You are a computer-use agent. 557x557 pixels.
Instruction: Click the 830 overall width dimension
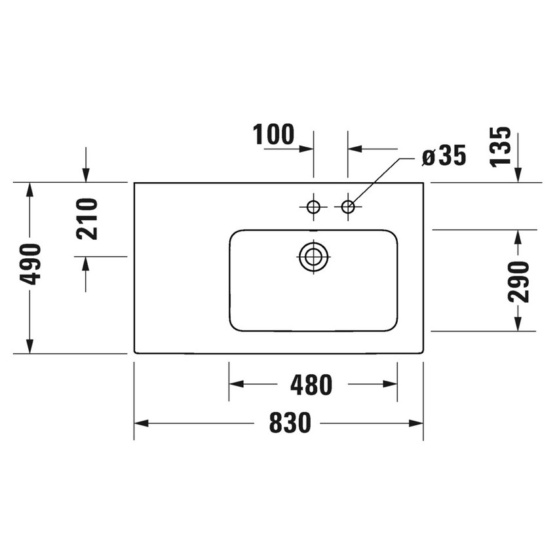coord(290,423)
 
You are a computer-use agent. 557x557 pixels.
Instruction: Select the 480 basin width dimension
coord(311,385)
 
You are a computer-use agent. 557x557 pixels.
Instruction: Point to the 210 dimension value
coord(86,219)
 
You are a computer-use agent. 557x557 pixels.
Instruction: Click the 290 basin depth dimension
coord(518,281)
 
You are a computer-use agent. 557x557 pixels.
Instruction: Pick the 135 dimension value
coord(500,146)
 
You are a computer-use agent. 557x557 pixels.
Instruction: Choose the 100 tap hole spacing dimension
coord(273,134)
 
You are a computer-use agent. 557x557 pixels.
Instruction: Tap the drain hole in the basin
coord(313,256)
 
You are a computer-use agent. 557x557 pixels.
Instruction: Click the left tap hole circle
coord(313,206)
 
